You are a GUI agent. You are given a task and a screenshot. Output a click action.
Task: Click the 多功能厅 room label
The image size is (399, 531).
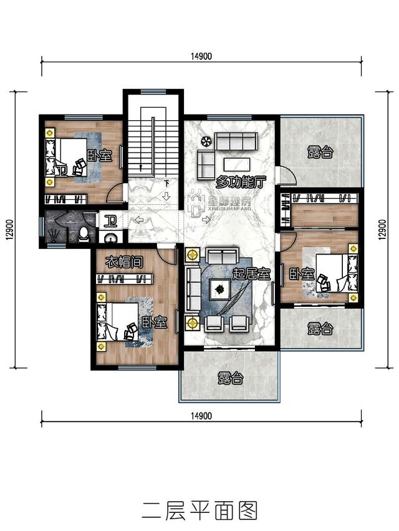pos(241,182)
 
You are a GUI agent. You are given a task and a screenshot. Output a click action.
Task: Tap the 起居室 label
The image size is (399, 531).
pos(251,274)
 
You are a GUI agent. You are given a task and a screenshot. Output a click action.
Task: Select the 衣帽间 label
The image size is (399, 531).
pos(124,262)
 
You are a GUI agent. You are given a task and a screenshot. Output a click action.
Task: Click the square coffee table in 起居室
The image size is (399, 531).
pos(220,289)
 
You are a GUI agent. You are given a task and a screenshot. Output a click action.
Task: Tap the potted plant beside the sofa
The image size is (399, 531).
pos(206,141)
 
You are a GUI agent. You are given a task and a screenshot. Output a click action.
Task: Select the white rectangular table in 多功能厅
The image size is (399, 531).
pos(237,164)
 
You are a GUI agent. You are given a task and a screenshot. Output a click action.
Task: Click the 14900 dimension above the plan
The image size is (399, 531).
pos(201,56)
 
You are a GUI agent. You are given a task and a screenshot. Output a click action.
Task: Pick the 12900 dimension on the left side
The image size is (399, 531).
pos(9,230)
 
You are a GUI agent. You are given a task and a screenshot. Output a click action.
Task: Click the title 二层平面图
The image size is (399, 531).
pos(200,510)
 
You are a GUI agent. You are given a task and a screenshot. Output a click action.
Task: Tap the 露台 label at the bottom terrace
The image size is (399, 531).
pos(231,378)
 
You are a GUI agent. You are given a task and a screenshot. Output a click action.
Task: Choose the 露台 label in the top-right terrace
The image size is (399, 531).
pos(320,152)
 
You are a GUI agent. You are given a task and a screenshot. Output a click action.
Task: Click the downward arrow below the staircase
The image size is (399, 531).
pos(166,195)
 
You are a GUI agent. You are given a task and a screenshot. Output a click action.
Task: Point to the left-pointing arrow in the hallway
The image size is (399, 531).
pos(139,220)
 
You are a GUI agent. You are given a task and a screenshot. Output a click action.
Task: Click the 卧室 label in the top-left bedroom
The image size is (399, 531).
pos(100,156)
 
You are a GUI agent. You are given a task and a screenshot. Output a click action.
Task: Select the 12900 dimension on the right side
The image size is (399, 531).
pos(382,230)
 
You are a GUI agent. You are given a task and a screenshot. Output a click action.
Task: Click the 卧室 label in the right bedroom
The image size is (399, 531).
pos(302,274)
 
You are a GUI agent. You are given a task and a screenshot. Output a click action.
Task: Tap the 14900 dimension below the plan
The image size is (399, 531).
pos(201,415)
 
